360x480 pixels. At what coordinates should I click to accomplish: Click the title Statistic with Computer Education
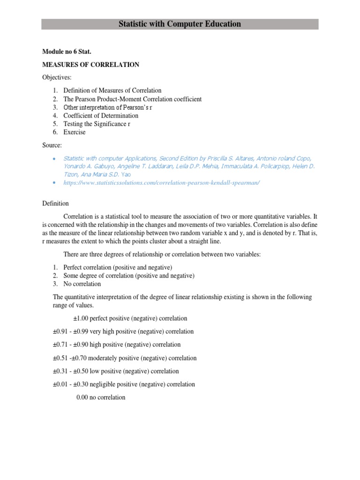point(180,24)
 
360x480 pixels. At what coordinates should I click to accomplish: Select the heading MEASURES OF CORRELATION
point(91,65)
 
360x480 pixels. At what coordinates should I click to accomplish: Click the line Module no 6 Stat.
point(67,52)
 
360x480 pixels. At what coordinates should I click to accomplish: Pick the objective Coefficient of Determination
point(101,116)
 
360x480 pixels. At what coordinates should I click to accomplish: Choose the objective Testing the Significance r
point(97,124)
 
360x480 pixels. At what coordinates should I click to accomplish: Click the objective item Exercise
point(75,133)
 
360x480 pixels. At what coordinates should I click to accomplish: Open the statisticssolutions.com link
point(161,183)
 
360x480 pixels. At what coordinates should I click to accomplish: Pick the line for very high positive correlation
point(123,331)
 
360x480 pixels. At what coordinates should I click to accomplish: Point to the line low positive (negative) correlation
point(116,371)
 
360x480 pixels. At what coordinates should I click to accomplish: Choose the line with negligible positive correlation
point(124,384)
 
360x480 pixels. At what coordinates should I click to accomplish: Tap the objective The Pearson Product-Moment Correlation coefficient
point(132,99)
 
